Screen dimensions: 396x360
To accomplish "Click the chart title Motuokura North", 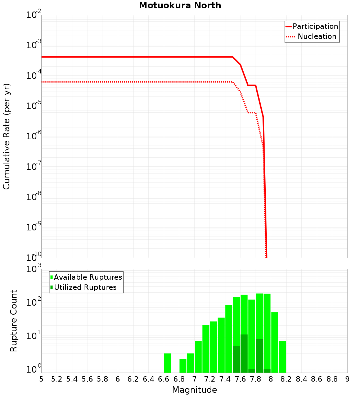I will click(180, 5).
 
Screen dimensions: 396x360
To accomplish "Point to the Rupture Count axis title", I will click(14, 321).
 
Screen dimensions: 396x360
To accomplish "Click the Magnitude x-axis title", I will click(194, 390).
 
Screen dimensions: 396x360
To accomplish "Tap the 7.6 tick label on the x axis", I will click(240, 379).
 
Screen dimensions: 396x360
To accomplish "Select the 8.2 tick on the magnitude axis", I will click(286, 379).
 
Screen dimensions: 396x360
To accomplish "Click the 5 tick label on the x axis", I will click(41, 379).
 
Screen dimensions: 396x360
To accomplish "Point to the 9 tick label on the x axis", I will click(347, 379).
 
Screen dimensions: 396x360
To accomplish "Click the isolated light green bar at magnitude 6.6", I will click(167, 363).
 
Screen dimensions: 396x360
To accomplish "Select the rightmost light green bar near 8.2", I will click(282, 356).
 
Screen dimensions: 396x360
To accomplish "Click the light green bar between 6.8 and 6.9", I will click(183, 366).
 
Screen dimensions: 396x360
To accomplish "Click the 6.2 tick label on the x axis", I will click(133, 379).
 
